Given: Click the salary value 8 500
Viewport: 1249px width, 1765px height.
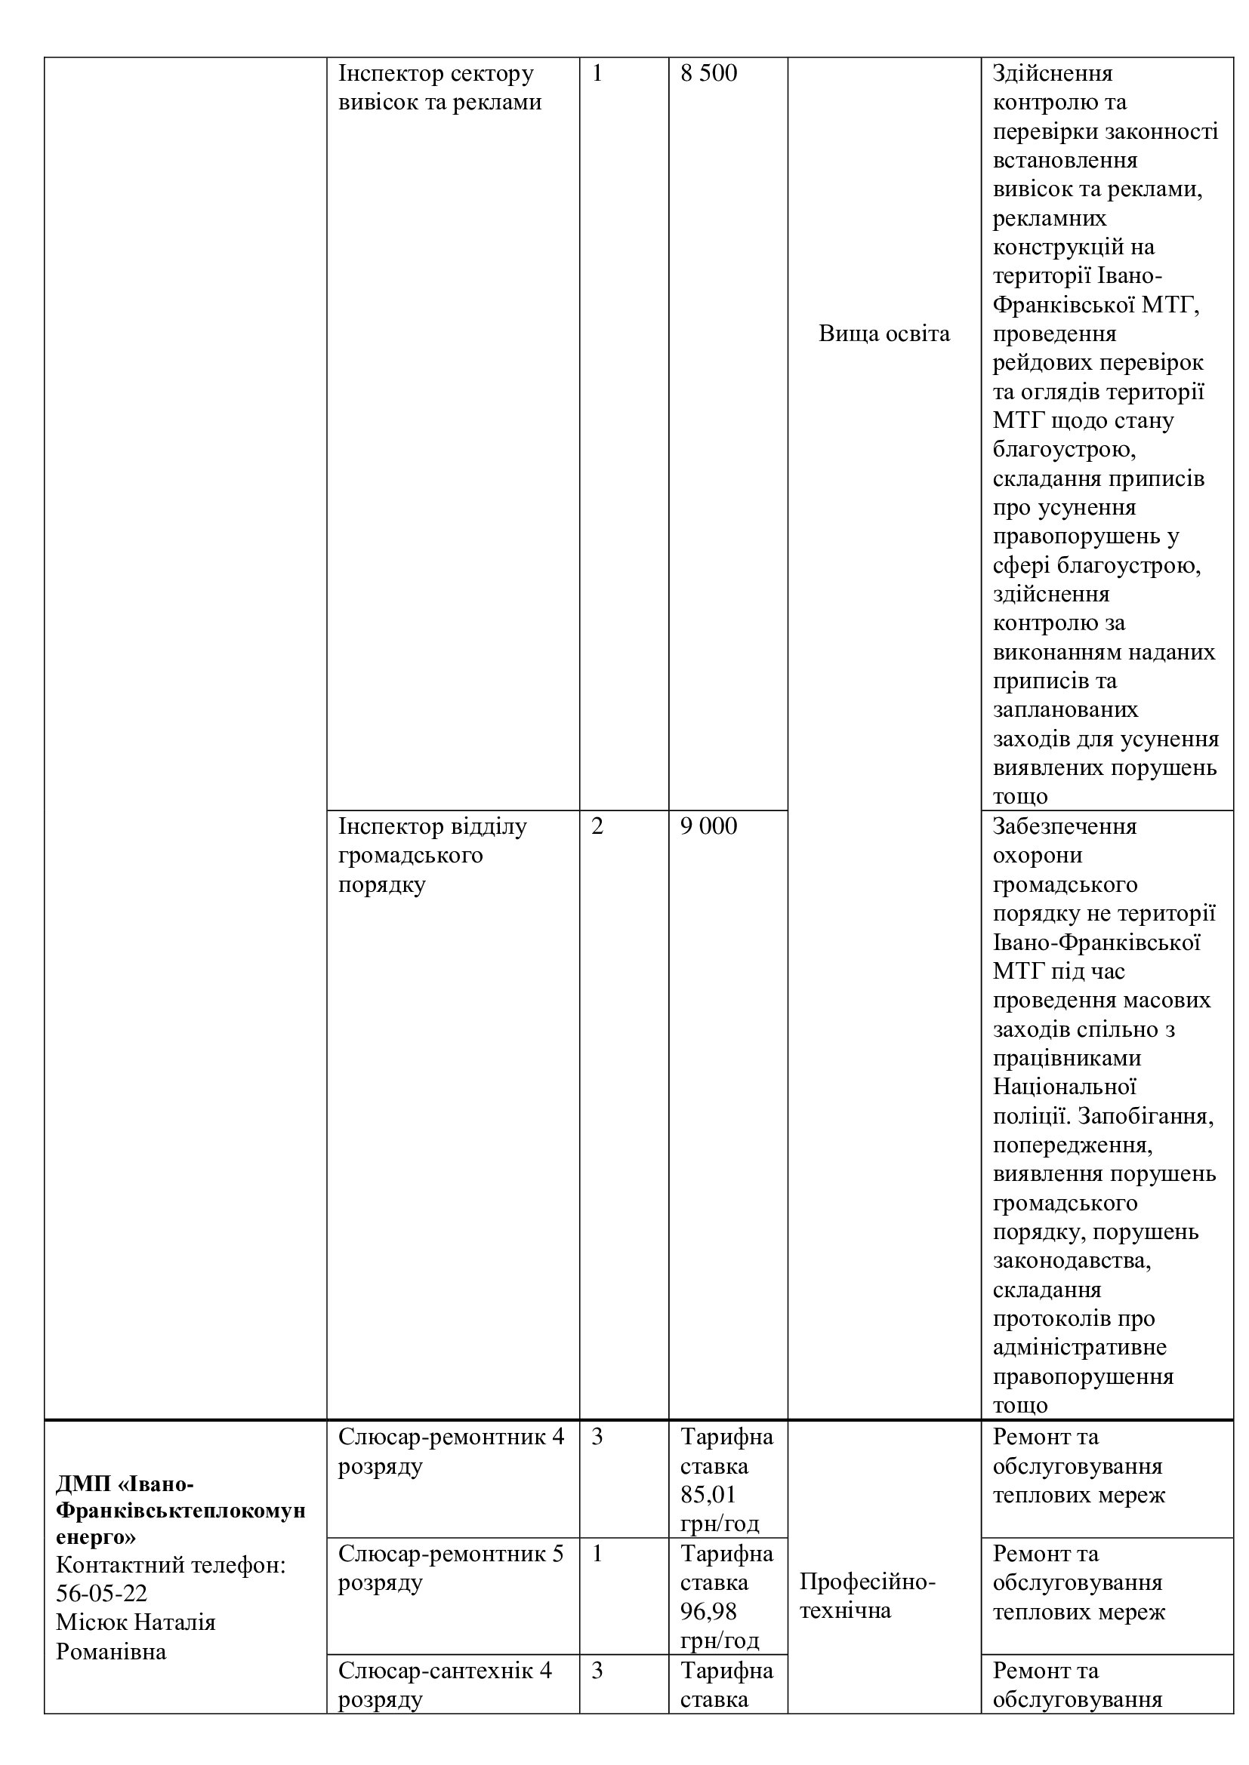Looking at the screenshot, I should [x=708, y=74].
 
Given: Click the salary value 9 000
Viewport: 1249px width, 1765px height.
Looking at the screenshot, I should [x=708, y=826].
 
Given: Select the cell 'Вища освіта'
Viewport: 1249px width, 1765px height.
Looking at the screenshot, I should [x=884, y=334].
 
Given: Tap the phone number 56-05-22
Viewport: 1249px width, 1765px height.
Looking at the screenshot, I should [x=101, y=1594].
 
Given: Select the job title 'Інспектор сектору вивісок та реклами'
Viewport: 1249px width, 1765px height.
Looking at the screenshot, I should [x=440, y=88].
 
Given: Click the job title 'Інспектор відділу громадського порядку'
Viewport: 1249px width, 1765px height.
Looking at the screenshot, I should [x=432, y=855].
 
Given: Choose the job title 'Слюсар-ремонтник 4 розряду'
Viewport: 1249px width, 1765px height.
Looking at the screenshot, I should [x=451, y=1450].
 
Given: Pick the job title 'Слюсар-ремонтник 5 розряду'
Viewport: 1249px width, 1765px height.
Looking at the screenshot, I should [x=451, y=1567].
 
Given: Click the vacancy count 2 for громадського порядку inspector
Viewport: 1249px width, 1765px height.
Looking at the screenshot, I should [x=597, y=826].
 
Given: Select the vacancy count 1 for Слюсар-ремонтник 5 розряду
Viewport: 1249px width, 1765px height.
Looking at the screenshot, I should [x=597, y=1554].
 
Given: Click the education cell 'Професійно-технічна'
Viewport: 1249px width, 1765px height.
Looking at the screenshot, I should [x=867, y=1596].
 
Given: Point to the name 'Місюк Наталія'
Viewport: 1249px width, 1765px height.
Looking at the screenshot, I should [x=135, y=1623].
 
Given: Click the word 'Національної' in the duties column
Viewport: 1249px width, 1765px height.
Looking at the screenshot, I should [x=1065, y=1087].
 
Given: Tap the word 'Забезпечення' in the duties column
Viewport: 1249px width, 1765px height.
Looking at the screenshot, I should [x=1065, y=826].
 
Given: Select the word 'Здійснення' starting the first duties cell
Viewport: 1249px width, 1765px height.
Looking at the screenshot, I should [x=1052, y=74].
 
